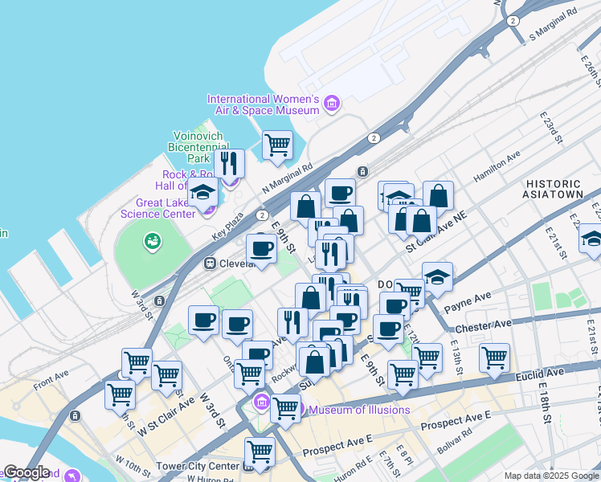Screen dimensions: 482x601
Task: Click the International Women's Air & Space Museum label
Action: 264,104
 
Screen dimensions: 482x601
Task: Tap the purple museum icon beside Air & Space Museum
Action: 331,104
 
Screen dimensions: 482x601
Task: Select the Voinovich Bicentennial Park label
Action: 201,148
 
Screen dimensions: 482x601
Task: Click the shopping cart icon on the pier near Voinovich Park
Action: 277,145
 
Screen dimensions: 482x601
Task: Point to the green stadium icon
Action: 151,240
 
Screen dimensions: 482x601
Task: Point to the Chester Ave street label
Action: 483,325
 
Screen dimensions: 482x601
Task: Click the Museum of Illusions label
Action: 359,411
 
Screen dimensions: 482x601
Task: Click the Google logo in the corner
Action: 27,472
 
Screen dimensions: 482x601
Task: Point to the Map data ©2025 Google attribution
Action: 550,476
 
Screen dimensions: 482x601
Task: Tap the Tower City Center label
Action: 206,467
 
